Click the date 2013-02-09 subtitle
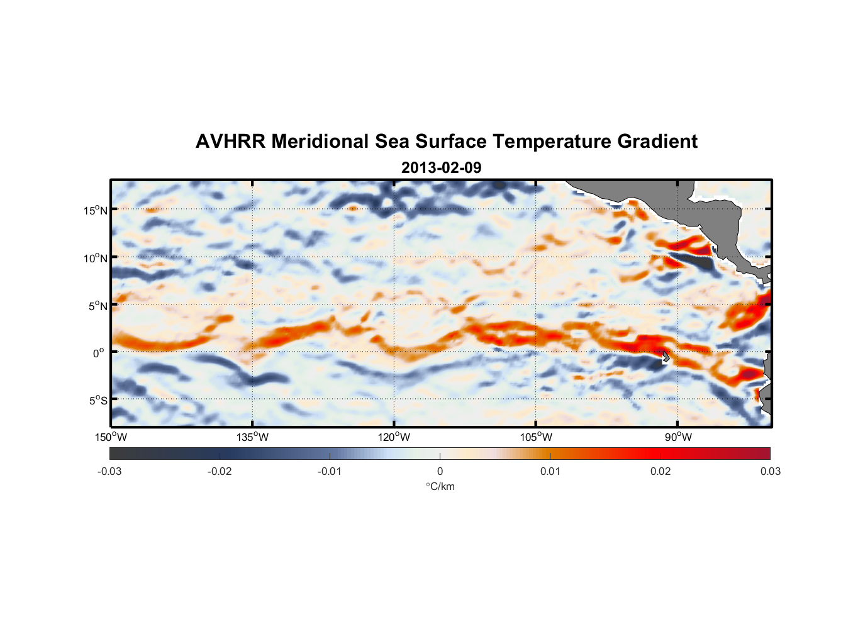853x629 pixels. (441, 168)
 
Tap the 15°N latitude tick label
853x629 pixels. (95, 210)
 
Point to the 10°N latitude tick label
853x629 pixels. (95, 258)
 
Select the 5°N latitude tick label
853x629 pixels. (97, 306)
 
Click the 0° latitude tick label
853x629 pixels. (99, 353)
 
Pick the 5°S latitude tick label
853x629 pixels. (98, 400)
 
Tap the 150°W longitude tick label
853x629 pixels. (111, 437)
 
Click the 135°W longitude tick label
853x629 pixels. (252, 437)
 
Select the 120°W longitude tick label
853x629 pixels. (394, 437)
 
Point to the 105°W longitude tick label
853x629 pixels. (536, 437)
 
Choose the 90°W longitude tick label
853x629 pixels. (677, 437)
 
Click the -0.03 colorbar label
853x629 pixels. (109, 471)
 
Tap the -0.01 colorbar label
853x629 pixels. (329, 471)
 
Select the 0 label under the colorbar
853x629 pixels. (440, 471)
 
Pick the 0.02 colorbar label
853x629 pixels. (661, 471)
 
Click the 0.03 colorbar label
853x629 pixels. (770, 471)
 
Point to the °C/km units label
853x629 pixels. (440, 486)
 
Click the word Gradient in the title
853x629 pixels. (657, 142)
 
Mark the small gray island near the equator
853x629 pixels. (666, 357)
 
